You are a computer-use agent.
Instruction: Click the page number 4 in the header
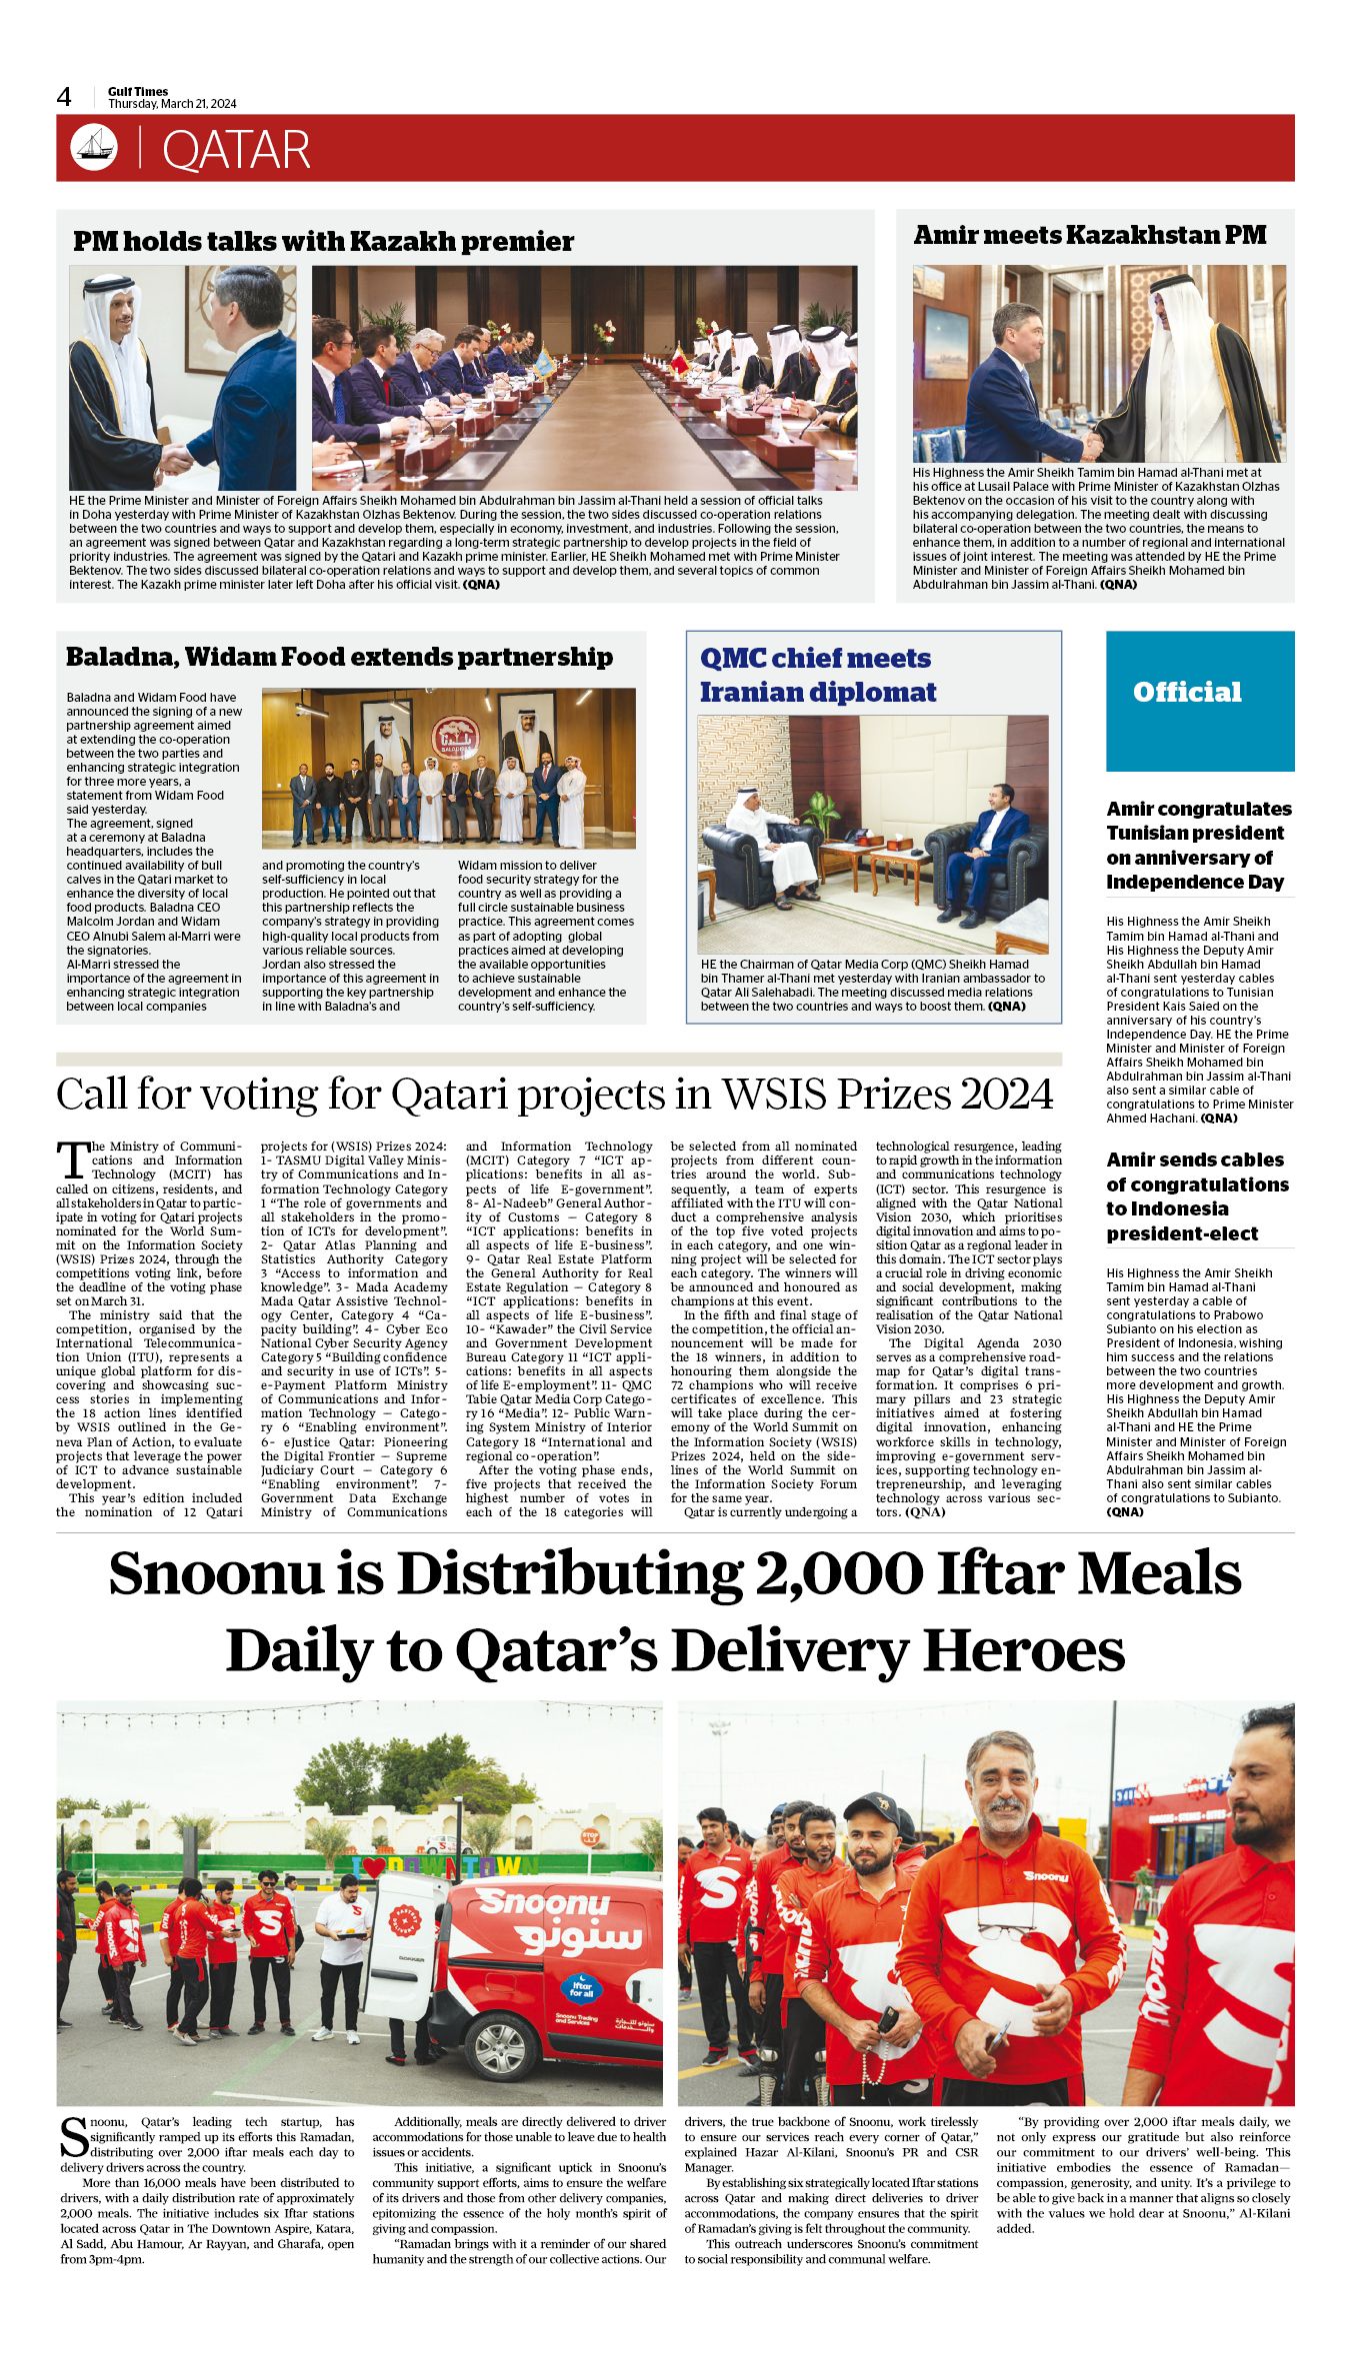(64, 97)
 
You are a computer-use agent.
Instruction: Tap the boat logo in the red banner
(94, 148)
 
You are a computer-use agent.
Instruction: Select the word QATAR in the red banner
(236, 150)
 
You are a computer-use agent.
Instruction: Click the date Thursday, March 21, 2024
(172, 104)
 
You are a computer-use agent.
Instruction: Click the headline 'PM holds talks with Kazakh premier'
(323, 241)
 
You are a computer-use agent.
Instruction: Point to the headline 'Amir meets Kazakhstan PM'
(1089, 235)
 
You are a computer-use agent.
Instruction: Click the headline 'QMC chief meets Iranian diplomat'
(817, 675)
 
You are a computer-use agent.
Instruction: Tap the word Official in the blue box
(1187, 692)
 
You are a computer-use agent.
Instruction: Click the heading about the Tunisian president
(1198, 845)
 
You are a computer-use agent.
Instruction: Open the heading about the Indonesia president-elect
(1196, 1196)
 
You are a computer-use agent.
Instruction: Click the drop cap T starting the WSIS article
(72, 1160)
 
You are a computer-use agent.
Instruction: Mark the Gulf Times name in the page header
(138, 91)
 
